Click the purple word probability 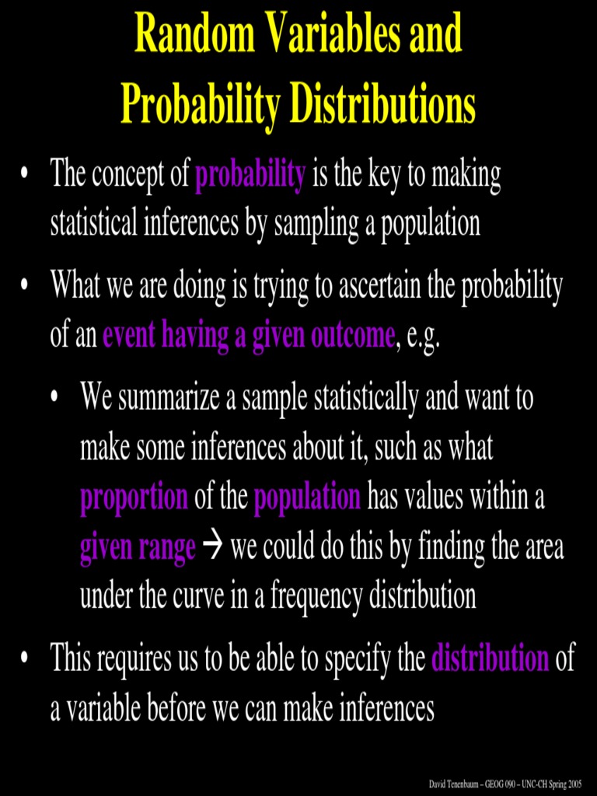[x=250, y=176]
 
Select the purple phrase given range [x=138, y=549]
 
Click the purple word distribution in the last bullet [x=491, y=659]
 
